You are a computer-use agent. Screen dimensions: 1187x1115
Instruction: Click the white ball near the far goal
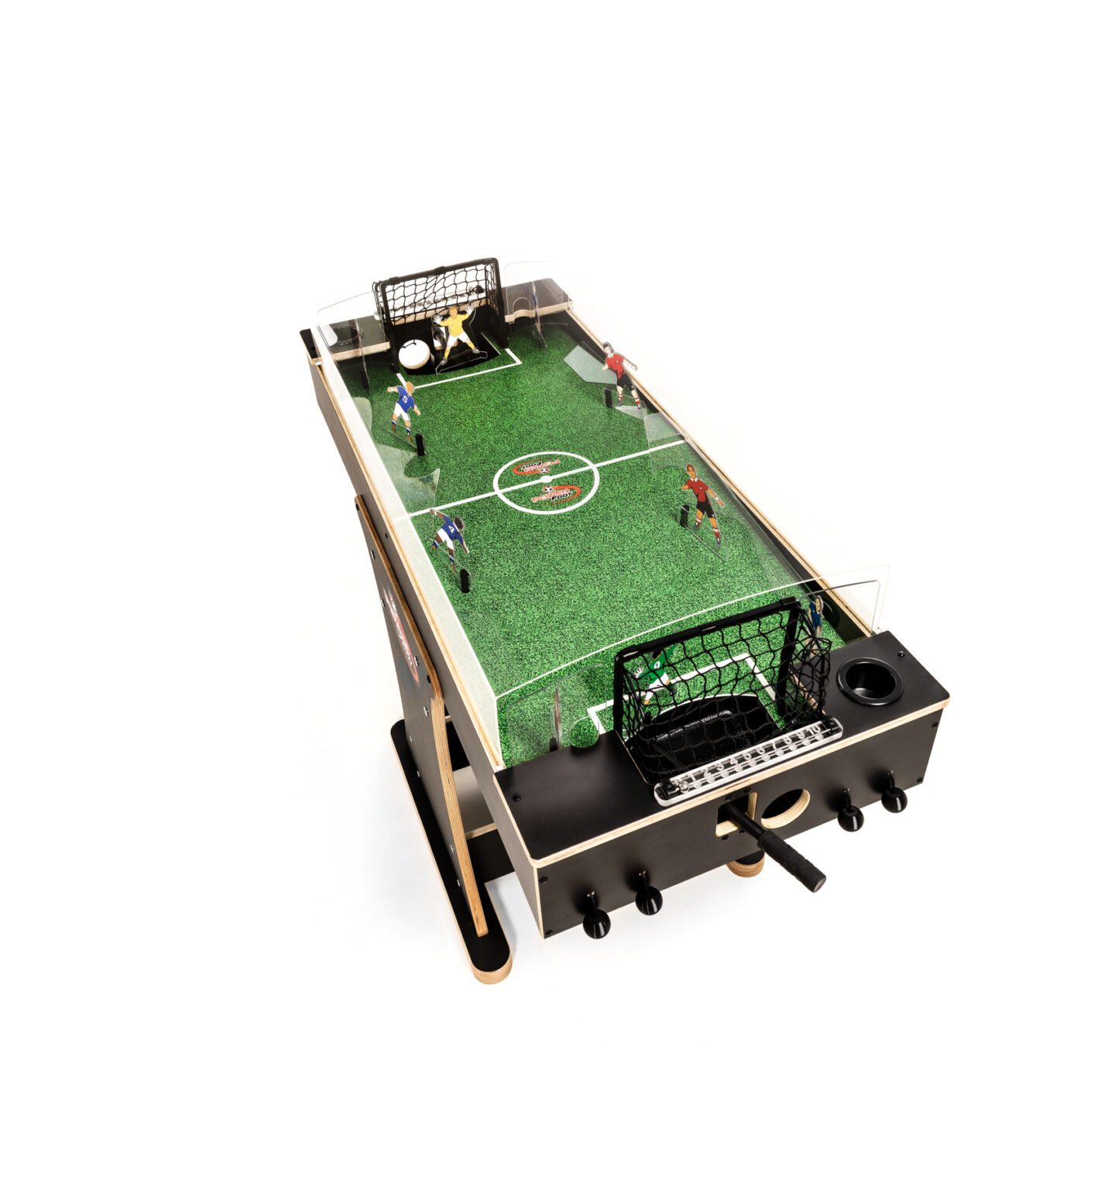tap(414, 355)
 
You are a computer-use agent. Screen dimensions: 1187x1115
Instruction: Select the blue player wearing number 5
tap(403, 406)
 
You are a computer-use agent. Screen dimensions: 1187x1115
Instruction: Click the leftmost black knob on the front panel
tap(595, 919)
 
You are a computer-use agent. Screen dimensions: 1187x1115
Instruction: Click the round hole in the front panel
tap(784, 808)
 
